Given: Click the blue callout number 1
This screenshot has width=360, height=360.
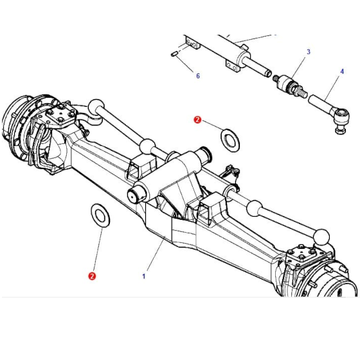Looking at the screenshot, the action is pos(144,276).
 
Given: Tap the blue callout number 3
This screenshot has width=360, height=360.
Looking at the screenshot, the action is pos(309,52).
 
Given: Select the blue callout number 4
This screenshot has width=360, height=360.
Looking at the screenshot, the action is pos(342,71).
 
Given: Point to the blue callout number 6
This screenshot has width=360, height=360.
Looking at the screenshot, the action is pos(198,76).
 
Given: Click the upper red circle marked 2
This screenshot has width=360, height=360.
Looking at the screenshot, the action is pos(197,120).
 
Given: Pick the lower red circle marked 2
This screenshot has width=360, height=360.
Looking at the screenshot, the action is pos(92,276).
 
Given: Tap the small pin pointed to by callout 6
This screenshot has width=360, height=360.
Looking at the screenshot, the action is pos(174,54).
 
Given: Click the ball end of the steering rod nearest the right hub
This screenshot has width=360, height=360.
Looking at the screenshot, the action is pos(321,237).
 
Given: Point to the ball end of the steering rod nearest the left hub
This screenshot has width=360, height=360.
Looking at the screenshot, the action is pos(96,107).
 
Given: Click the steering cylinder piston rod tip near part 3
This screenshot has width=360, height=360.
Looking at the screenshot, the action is pos(268,74).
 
